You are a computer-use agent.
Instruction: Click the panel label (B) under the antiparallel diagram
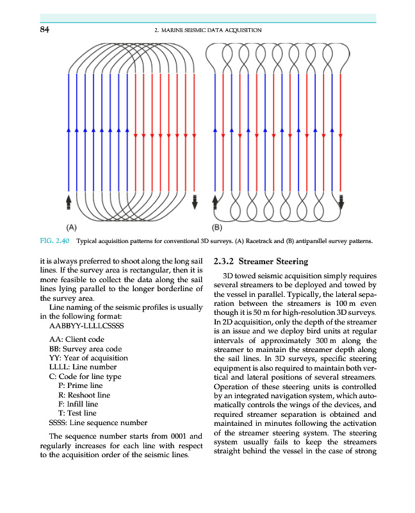[x=216, y=226]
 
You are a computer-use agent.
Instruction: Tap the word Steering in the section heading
[x=289, y=262]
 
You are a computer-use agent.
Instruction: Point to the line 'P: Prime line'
[x=80, y=385]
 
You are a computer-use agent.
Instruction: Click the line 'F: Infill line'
[x=78, y=405]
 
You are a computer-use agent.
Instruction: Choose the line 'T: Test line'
[x=77, y=414]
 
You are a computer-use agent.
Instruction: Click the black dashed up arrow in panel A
[x=69, y=201]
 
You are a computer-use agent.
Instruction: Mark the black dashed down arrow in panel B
[x=341, y=201]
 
